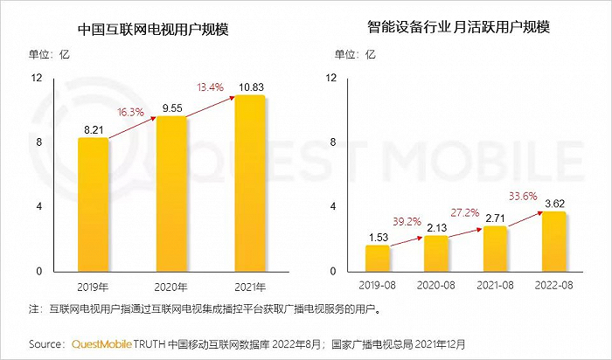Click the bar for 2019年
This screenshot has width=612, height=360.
click(x=93, y=204)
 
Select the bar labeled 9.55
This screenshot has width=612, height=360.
click(x=171, y=194)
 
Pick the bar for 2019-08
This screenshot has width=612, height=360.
click(x=378, y=258)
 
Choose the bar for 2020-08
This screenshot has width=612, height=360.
click(x=435, y=253)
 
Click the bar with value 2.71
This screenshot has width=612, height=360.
click(x=494, y=249)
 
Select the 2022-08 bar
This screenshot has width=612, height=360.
click(x=553, y=241)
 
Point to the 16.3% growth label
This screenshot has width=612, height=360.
click(x=130, y=113)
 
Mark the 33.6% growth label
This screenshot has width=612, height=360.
click(x=523, y=196)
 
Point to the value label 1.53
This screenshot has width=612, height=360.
click(x=378, y=237)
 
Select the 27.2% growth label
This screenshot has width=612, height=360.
click(x=464, y=212)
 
